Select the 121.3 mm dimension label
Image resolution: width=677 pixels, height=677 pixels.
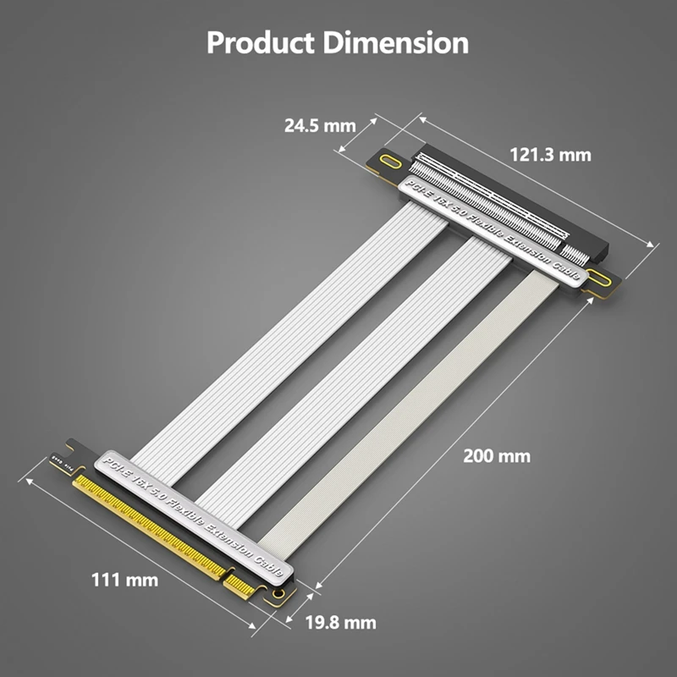coord(550,154)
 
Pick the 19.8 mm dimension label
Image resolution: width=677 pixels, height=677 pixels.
coord(340,623)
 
